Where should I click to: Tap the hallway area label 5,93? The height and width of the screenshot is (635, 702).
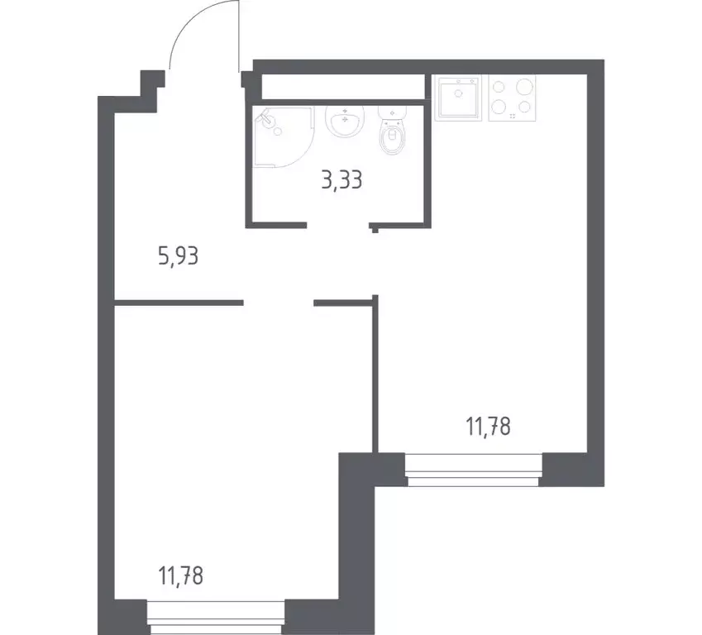coord(179,255)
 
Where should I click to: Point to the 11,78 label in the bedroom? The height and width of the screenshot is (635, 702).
coord(179,573)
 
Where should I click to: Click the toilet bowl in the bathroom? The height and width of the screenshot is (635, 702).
coord(391,138)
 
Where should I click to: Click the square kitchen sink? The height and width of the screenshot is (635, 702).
coord(458,98)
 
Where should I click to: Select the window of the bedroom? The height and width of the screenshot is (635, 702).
coord(217,616)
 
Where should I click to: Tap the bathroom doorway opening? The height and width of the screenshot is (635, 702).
coord(338,224)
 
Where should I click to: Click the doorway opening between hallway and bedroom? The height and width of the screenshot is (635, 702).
coord(279,303)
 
